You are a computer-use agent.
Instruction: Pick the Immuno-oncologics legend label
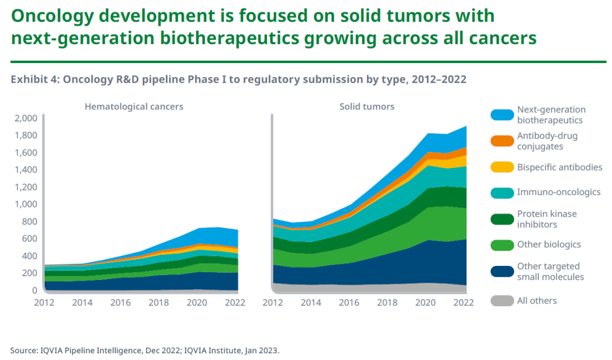click(558, 192)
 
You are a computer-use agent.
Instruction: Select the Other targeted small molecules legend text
click(550, 272)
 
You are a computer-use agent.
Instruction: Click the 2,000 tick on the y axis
click(26, 118)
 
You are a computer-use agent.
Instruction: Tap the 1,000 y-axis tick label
click(26, 204)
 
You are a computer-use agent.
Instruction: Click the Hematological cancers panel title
click(134, 107)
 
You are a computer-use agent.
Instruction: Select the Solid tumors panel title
click(367, 107)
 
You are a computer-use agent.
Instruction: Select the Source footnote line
click(144, 350)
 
